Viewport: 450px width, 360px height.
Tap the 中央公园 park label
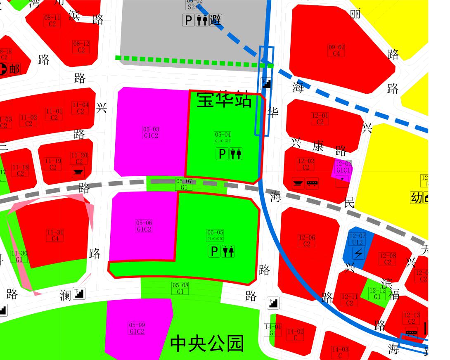(x=207, y=343)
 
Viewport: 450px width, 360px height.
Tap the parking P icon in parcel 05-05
(x=214, y=251)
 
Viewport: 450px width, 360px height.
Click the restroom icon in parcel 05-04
(x=236, y=154)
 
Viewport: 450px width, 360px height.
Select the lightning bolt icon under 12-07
(x=358, y=253)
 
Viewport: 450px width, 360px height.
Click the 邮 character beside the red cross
(x=14, y=69)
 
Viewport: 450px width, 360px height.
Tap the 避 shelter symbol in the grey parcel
(x=216, y=20)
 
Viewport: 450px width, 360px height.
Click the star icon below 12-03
(x=342, y=179)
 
